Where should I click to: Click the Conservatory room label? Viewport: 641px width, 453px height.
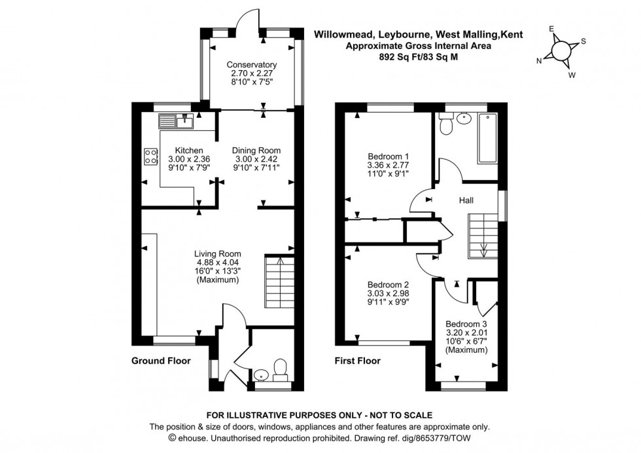(252, 65)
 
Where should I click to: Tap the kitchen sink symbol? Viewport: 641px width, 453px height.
(177, 120)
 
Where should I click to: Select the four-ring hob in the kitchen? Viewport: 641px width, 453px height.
(151, 156)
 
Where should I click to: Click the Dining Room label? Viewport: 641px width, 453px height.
(256, 150)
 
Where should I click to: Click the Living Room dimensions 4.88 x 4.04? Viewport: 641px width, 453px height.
(217, 263)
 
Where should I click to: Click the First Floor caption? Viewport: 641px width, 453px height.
(357, 361)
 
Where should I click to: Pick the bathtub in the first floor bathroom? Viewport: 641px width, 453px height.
(489, 137)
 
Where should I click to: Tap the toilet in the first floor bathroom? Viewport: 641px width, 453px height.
(446, 124)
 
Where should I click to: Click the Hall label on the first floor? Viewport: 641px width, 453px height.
(466, 200)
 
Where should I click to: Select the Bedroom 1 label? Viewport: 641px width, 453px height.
(388, 156)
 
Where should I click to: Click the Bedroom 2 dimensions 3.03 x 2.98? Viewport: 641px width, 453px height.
(388, 293)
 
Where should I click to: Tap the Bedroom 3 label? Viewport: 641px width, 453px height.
(466, 324)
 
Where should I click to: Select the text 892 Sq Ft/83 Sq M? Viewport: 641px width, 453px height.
(419, 57)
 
